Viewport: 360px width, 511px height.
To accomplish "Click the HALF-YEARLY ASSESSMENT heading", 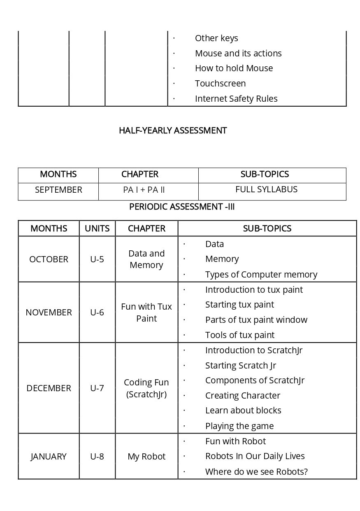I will point(173,131).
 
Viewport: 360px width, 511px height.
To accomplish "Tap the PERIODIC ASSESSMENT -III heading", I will point(182,207).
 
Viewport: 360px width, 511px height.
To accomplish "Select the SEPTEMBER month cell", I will point(58,190).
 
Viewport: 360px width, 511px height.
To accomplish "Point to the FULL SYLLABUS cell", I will point(266,189).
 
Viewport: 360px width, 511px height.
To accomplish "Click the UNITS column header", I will point(97,229).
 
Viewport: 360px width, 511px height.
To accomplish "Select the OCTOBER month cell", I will point(49,259).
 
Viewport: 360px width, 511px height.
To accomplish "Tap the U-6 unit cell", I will point(97,313).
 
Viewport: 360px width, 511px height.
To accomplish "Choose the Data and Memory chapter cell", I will point(146,259).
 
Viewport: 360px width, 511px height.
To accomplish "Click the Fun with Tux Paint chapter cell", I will point(146,313).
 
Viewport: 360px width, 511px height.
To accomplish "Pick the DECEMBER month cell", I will point(49,388).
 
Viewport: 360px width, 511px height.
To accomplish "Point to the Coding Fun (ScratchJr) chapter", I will point(146,388).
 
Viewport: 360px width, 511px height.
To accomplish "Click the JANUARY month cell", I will point(49,457).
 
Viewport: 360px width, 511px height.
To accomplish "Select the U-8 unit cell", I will point(97,457).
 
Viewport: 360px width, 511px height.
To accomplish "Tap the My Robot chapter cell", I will point(146,457).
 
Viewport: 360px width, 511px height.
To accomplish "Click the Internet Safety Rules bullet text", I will point(236,99).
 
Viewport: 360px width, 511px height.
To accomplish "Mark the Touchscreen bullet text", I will point(220,84).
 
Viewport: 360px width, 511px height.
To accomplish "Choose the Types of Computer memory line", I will point(261,275).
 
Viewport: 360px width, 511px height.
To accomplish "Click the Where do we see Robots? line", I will point(256,472).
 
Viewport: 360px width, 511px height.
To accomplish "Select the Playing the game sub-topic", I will point(239,426).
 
